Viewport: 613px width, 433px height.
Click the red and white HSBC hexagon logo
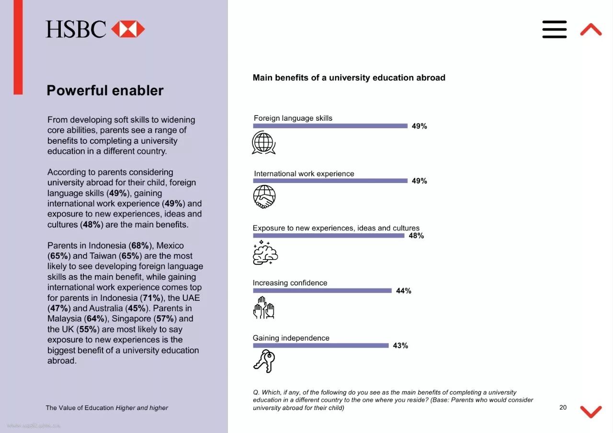[128, 29]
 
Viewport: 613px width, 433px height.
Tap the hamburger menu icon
[555, 29]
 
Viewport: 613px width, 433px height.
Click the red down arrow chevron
[590, 411]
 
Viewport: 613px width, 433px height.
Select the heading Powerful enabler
[105, 91]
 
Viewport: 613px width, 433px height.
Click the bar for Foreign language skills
[330, 126]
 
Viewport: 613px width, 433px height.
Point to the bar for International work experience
[330, 181]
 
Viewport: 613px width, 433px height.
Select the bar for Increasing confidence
[322, 291]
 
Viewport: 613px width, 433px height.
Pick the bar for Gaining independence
[320, 345]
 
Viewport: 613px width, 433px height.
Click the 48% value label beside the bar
[416, 236]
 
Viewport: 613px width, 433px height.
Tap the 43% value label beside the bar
[400, 345]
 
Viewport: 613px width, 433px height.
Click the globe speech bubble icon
[263, 143]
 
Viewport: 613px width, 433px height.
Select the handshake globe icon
[264, 197]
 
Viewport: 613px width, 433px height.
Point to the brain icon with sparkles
[265, 252]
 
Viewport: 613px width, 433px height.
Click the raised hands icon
[263, 308]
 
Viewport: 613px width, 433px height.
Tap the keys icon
[264, 361]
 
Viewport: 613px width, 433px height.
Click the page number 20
[563, 407]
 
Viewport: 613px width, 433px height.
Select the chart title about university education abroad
[349, 78]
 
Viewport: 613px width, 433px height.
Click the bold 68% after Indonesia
[141, 246]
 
